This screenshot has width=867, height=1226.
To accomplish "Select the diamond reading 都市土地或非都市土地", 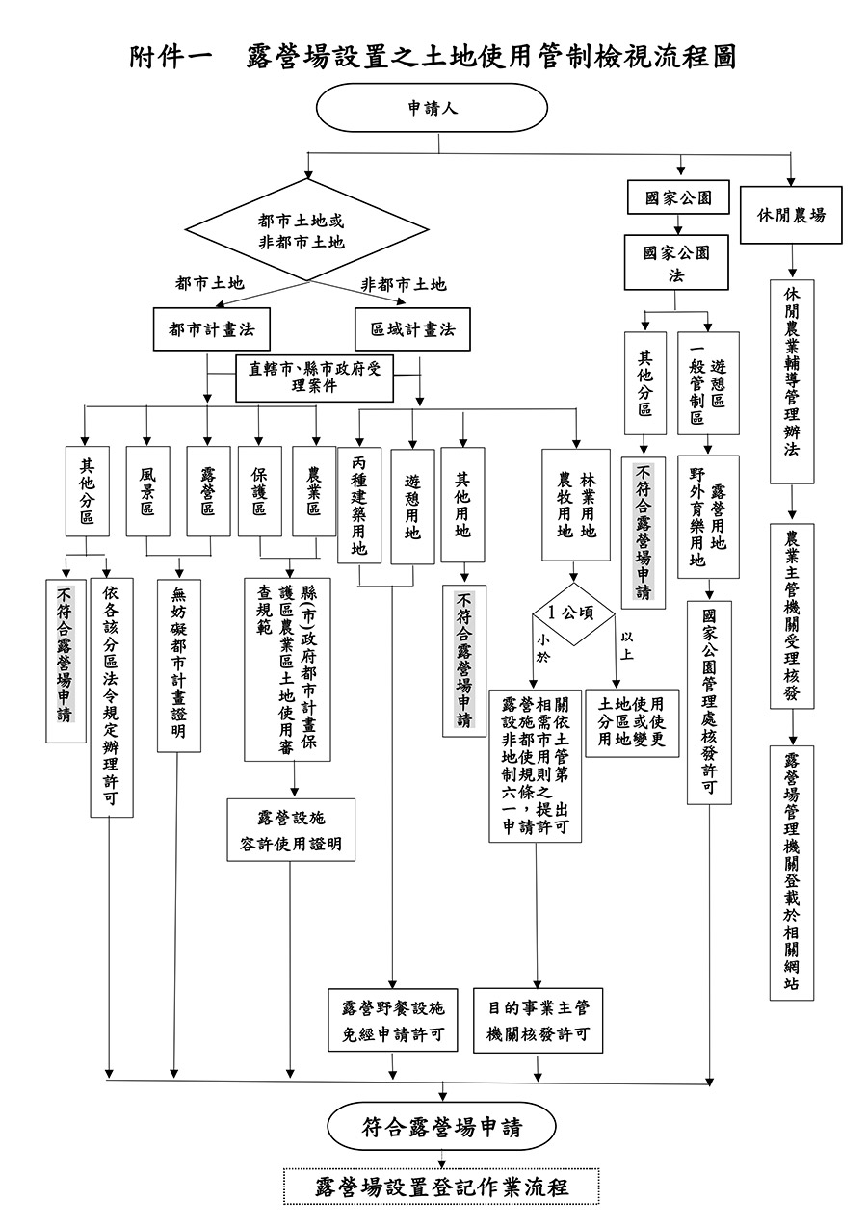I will [x=302, y=232].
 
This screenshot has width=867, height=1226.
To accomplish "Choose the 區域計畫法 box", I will [x=412, y=329].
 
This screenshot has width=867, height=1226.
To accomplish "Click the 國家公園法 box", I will [x=676, y=262].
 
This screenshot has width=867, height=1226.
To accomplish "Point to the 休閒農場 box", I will [x=791, y=215].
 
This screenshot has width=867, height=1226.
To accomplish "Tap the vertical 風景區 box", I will [x=147, y=490].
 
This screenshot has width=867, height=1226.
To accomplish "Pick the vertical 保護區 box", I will [x=259, y=490].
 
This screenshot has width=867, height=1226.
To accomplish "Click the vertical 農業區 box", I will [x=314, y=490].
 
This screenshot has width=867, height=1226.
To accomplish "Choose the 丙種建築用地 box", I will [x=359, y=505].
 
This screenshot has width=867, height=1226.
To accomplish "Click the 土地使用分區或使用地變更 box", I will [x=631, y=722].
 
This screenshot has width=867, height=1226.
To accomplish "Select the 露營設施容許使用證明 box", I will [x=291, y=831].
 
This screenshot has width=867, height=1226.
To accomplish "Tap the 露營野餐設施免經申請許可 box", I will [x=393, y=1021].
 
